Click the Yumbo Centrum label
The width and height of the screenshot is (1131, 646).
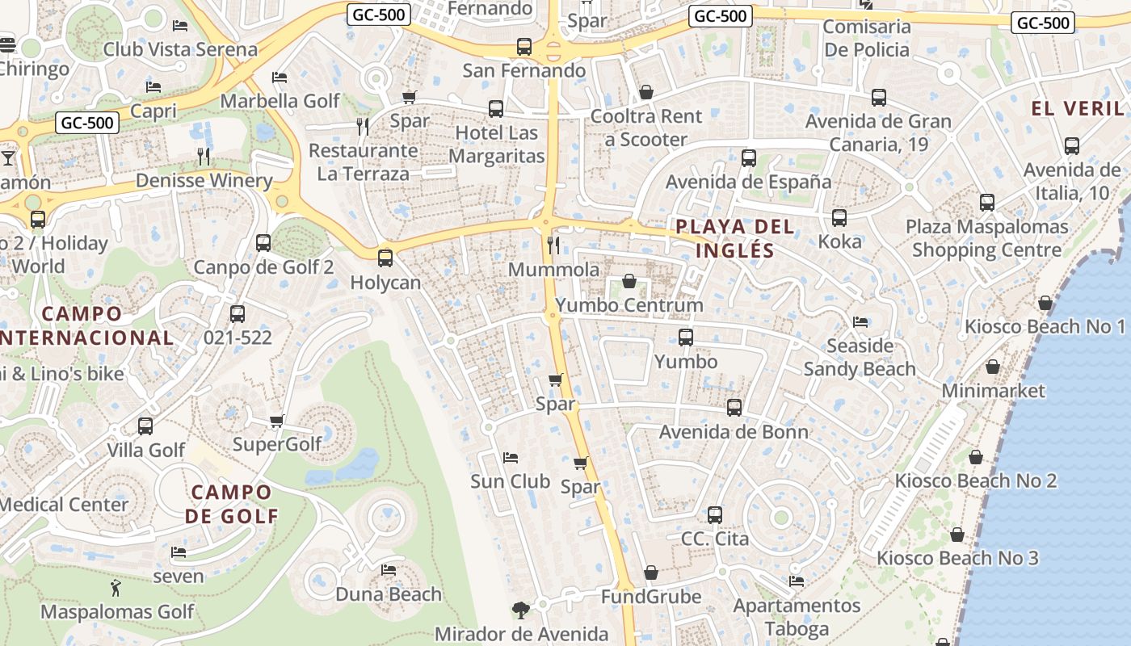[x=629, y=305]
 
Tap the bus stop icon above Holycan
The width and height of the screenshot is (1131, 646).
[x=385, y=258]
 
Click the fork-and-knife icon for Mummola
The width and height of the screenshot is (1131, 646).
[x=553, y=245]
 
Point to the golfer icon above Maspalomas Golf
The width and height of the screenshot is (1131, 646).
[x=116, y=588]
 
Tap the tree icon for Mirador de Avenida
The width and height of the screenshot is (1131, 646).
[x=521, y=610]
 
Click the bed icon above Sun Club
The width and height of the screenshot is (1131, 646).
[x=511, y=458]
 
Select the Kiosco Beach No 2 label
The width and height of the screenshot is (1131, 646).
[x=975, y=481]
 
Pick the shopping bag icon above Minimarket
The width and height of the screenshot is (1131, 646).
[x=993, y=367]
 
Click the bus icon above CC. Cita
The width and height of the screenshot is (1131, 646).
[x=715, y=514]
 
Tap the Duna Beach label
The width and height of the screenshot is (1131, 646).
[x=389, y=594]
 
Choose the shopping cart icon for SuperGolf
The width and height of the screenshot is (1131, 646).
[x=277, y=420]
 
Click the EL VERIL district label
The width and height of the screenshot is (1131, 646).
[x=1078, y=109]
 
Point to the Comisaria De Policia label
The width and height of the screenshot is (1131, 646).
[x=867, y=38]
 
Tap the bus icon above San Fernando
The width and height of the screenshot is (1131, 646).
[x=524, y=47]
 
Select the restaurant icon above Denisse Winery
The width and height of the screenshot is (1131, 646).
[x=204, y=156]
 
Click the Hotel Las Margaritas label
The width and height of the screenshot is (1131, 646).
[x=497, y=144]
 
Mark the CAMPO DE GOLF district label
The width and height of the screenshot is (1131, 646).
[x=231, y=504]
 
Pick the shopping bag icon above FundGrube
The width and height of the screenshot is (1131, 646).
[x=651, y=573]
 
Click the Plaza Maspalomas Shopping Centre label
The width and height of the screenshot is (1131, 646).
[x=986, y=238]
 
